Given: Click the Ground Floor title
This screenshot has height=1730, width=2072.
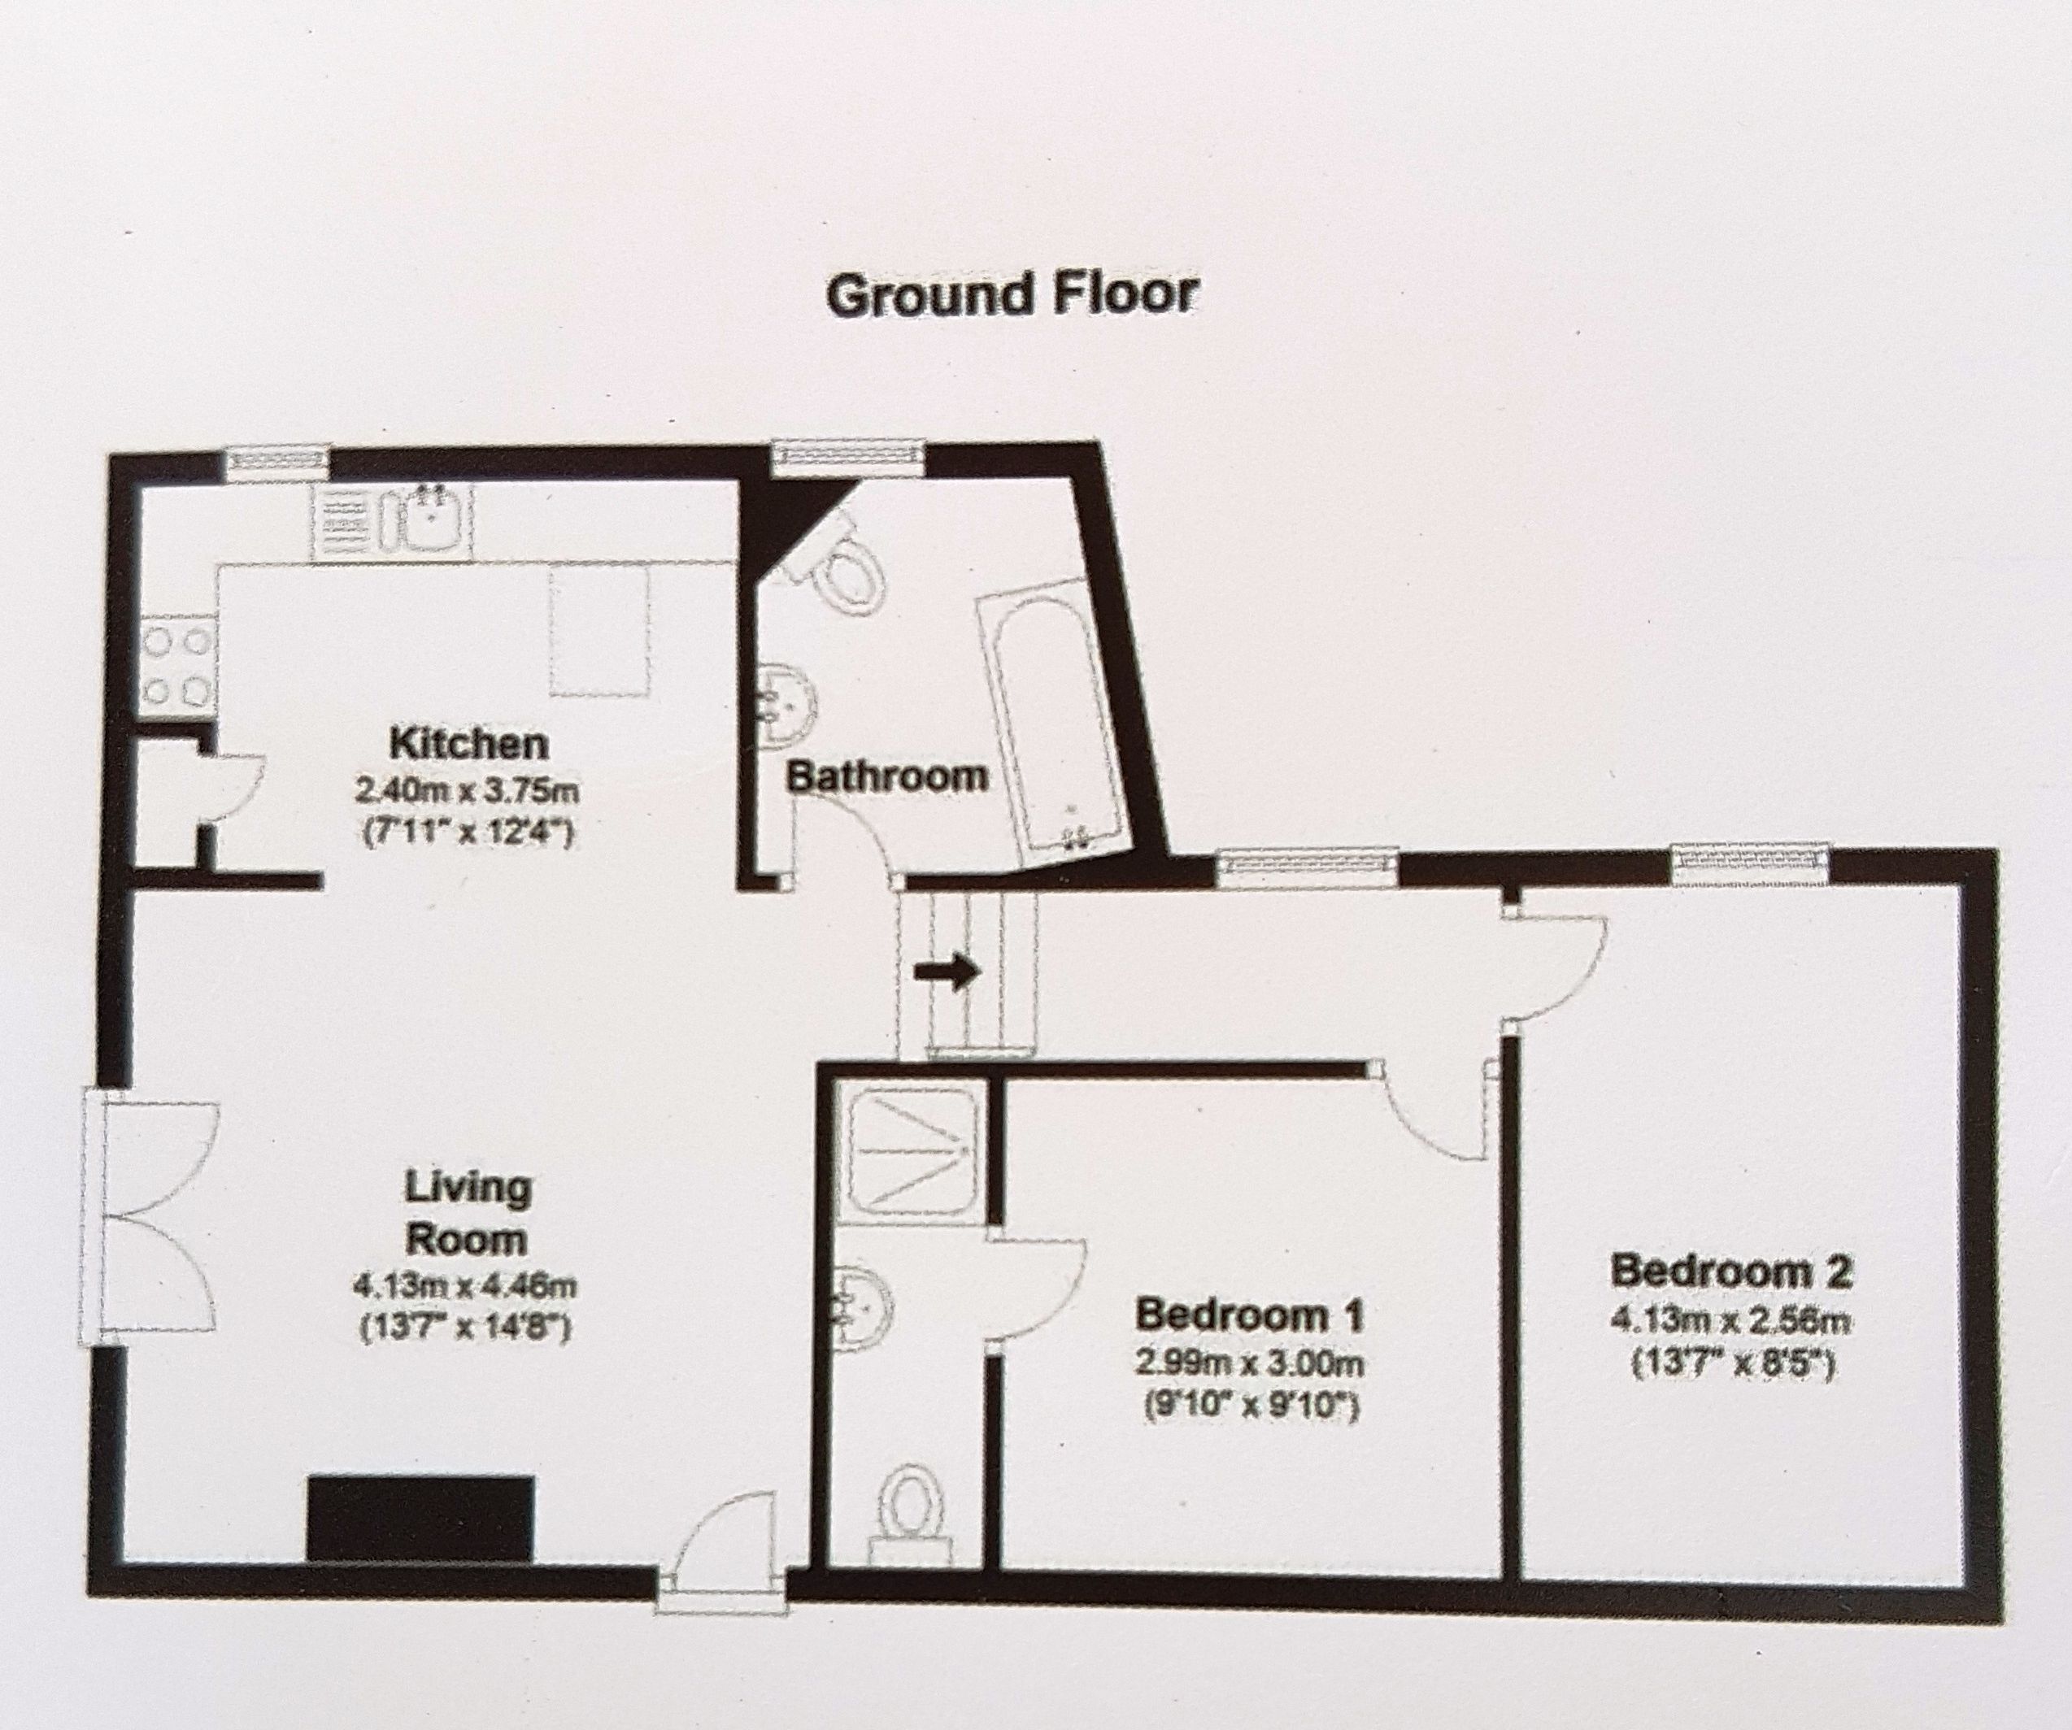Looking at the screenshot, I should [1012, 295].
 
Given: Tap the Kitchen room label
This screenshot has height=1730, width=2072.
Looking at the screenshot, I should [468, 743].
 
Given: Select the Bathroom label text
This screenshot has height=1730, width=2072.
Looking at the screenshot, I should [887, 776].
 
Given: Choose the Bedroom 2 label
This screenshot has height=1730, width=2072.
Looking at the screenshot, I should [1730, 1271].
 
